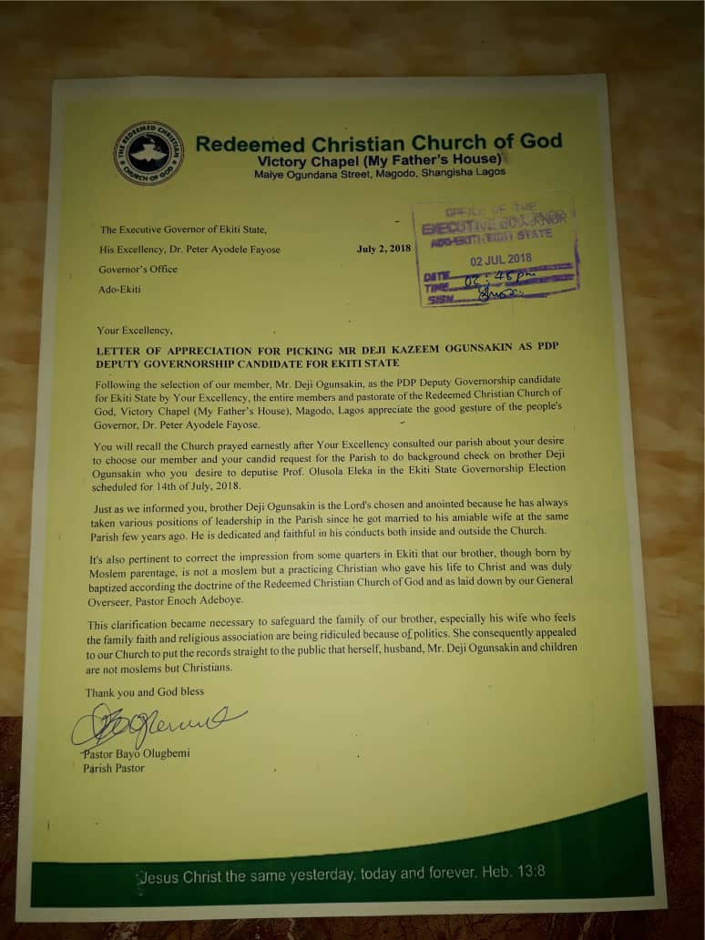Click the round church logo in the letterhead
pos(148,153)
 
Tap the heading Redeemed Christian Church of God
pos(379,142)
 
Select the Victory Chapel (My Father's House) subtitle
pos(378,160)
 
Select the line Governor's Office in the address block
pos(138,269)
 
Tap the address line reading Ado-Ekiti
pos(120,290)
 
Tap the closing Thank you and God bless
pos(145,692)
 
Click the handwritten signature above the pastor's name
pos(155,724)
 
